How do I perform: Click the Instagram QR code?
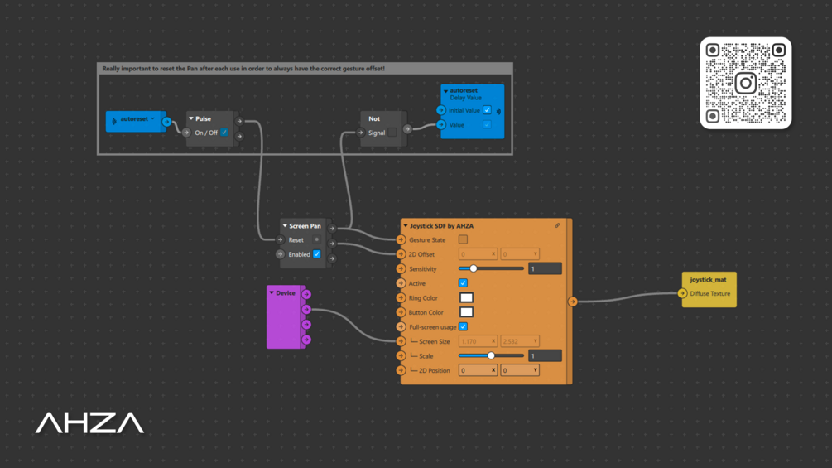(x=745, y=83)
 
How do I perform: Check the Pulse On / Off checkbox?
(x=224, y=133)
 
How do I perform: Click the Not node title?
(x=374, y=118)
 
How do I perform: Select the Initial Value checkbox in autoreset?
(x=487, y=110)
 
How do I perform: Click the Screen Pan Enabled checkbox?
(x=316, y=254)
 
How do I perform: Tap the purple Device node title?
(x=286, y=293)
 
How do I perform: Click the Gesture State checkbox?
(x=463, y=239)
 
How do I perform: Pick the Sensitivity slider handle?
(x=474, y=268)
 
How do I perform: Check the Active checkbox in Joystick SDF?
(x=463, y=283)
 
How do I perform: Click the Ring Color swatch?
(x=466, y=297)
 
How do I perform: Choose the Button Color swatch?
(x=466, y=312)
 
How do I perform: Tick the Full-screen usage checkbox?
(x=463, y=326)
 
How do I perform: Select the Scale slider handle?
(x=491, y=355)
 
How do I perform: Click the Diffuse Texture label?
(x=710, y=293)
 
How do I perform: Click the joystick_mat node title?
(x=708, y=280)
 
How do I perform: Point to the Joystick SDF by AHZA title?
(x=441, y=225)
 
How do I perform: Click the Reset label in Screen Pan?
(x=296, y=240)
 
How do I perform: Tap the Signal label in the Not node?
(x=377, y=133)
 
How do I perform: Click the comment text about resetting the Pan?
(x=243, y=69)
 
